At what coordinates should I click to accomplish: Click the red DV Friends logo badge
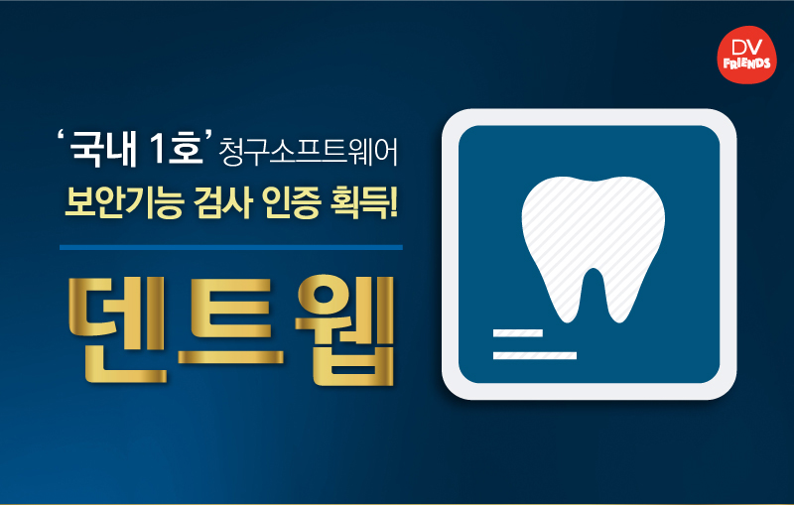(x=747, y=55)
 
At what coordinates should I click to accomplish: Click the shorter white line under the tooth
(x=517, y=333)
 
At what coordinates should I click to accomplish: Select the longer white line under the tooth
(x=535, y=355)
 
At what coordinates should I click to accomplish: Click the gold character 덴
(x=117, y=329)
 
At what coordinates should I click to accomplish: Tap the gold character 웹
(x=344, y=330)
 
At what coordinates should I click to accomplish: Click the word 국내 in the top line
(x=102, y=149)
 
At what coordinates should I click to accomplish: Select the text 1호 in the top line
(x=176, y=148)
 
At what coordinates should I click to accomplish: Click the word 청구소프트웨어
(x=309, y=152)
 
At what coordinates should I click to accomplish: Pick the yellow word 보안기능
(x=123, y=203)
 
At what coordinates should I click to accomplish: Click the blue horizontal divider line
(x=231, y=247)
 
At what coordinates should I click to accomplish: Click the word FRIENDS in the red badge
(x=747, y=63)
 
